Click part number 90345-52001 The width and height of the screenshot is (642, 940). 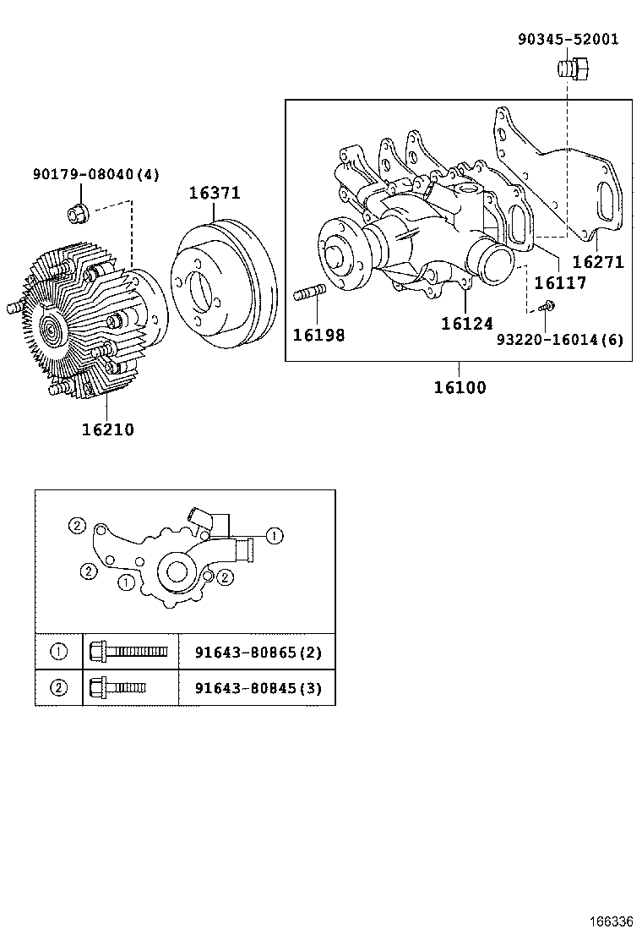[x=568, y=39]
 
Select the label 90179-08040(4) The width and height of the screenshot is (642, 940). [x=95, y=175]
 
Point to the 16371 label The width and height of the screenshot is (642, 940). [x=214, y=193]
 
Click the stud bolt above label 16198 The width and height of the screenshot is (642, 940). [x=310, y=296]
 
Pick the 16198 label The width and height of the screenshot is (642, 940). [x=318, y=335]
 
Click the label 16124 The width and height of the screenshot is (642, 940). [x=466, y=323]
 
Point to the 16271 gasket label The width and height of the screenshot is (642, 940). [x=598, y=262]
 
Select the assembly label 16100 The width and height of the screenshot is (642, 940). [x=460, y=388]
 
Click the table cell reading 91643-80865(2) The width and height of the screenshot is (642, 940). [x=257, y=653]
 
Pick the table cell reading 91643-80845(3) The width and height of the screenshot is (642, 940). [x=257, y=688]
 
